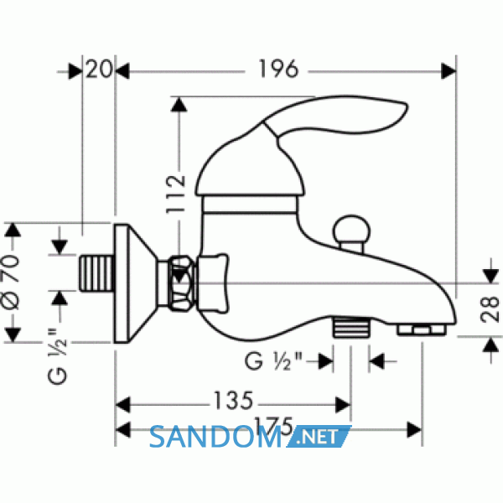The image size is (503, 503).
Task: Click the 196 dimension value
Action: tap(278, 69)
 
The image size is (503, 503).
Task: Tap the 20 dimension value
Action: tap(99, 69)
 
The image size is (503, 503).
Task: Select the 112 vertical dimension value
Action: tap(175, 194)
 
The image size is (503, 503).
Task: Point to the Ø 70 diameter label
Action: tap(10, 283)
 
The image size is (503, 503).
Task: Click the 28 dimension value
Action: tap(490, 309)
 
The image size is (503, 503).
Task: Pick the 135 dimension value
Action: tap(234, 401)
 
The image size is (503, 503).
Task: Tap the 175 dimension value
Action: tap(273, 425)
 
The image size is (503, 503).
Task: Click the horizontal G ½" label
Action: tap(273, 361)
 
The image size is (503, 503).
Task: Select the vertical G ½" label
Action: tap(57, 355)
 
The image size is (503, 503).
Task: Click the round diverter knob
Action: tap(351, 230)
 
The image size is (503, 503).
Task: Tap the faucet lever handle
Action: tap(334, 116)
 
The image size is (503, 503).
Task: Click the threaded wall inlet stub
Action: tap(97, 273)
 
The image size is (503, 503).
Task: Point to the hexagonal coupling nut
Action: tap(183, 283)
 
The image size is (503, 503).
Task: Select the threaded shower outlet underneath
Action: tap(351, 327)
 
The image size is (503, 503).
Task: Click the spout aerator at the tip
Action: tap(422, 329)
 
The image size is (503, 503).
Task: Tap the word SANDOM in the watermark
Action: tap(215, 437)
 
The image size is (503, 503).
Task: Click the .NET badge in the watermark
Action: tap(319, 437)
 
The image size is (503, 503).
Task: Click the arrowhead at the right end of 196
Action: tap(449, 71)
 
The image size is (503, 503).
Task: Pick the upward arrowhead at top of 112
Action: tap(179, 105)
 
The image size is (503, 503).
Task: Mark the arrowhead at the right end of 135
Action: tap(343, 405)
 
